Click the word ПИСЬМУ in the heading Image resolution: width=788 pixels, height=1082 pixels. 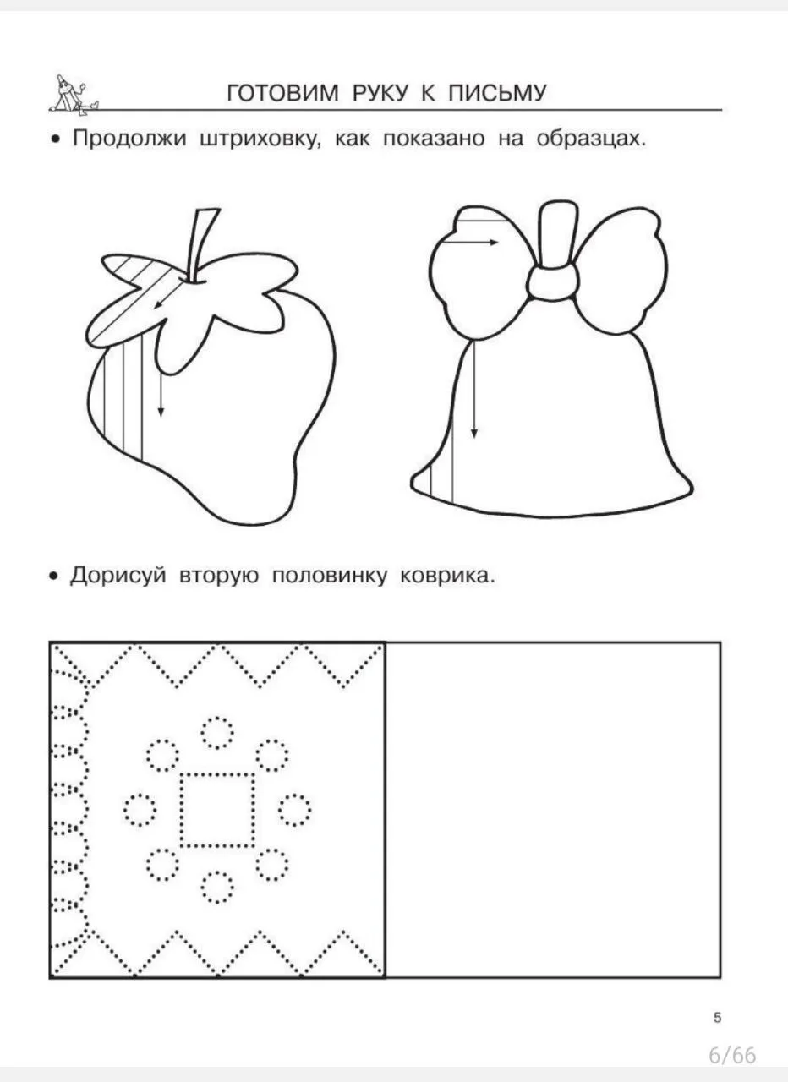tap(497, 93)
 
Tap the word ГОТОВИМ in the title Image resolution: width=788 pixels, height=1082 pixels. tap(282, 93)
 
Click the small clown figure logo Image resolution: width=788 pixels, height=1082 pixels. tap(74, 95)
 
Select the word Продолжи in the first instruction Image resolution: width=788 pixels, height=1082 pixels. tap(129, 139)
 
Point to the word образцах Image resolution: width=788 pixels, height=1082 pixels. tap(591, 139)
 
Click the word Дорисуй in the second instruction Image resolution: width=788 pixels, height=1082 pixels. tap(118, 576)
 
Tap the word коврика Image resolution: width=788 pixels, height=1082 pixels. tap(448, 576)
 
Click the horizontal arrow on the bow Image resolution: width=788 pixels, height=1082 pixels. tap(469, 242)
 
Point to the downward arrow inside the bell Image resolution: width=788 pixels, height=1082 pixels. tap(474, 390)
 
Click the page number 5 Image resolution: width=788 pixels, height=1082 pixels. tap(718, 1018)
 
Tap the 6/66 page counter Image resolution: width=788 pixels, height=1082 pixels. tap(732, 1056)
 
